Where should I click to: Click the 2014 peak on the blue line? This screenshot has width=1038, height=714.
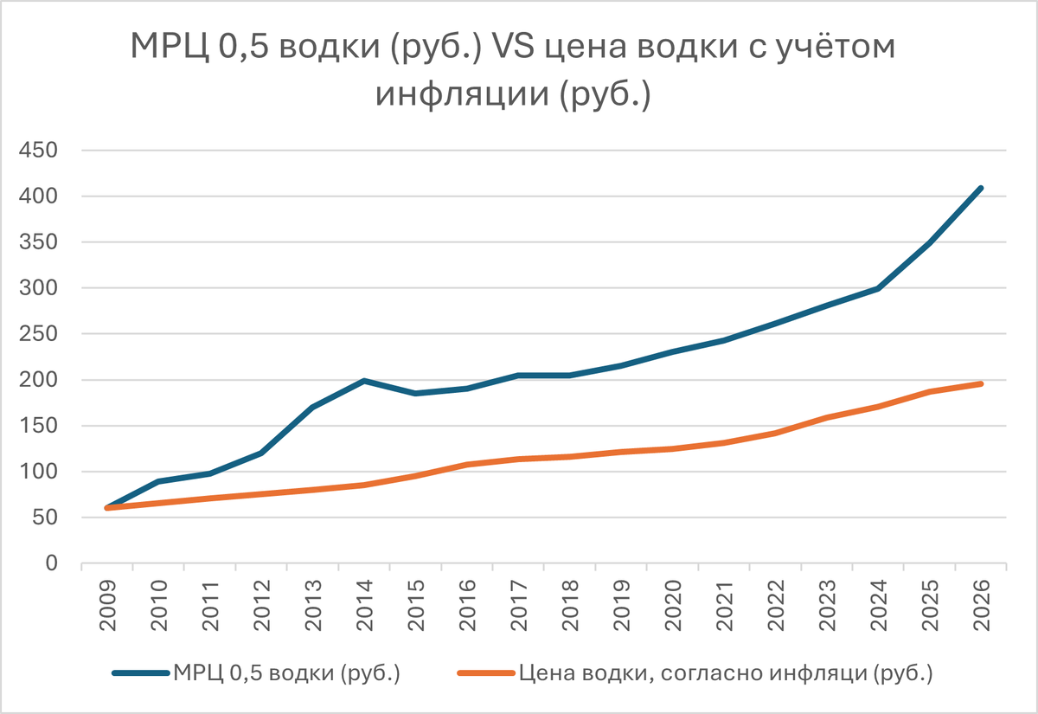coord(364,381)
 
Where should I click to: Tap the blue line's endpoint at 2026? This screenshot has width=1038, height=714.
coord(981,188)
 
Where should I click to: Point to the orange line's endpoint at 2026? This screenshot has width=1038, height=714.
coord(981,383)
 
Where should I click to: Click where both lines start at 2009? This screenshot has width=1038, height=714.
coord(107,508)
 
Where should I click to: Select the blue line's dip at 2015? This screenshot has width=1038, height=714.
coord(416,394)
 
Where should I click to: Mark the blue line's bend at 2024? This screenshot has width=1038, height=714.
coord(878,288)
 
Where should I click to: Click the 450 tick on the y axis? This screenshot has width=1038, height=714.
coord(38,151)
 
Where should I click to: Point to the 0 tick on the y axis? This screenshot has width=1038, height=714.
coord(51,564)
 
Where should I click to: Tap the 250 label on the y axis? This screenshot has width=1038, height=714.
coord(38,334)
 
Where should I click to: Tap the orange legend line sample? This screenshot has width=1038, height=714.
coord(486,672)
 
